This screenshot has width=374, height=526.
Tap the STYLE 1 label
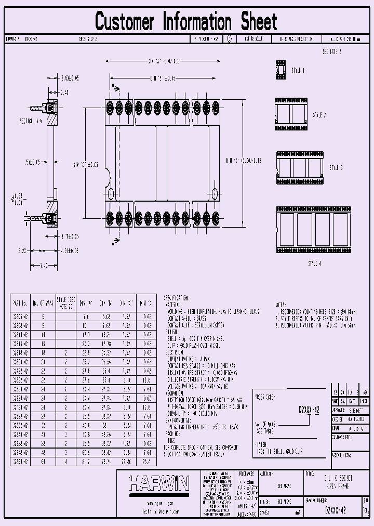click(x=298, y=70)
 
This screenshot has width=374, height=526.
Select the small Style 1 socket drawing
click(x=280, y=70)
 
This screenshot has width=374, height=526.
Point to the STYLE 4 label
click(x=314, y=263)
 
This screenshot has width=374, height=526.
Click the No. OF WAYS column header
click(x=42, y=303)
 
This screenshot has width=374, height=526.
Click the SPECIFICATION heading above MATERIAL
click(x=176, y=298)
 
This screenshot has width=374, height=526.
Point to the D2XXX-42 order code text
click(x=309, y=410)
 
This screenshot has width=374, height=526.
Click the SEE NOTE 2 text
click(x=331, y=52)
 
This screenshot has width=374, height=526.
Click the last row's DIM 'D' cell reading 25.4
click(x=147, y=461)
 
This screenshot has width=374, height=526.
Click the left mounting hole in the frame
click(x=111, y=193)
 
